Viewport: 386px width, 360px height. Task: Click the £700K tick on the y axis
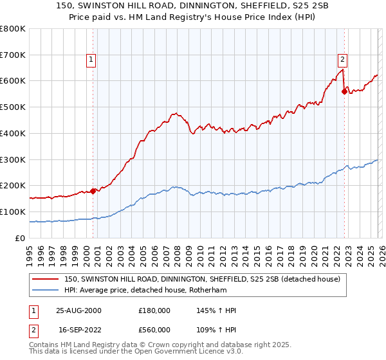click(x=13, y=55)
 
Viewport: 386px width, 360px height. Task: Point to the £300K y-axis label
click(x=13, y=159)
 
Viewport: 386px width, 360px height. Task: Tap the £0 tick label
click(x=21, y=238)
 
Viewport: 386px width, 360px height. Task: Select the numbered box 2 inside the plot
click(x=342, y=60)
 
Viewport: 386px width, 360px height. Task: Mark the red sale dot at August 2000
click(x=93, y=190)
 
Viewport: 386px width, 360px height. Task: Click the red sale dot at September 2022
click(x=344, y=91)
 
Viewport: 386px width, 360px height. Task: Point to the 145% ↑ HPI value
click(x=216, y=310)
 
